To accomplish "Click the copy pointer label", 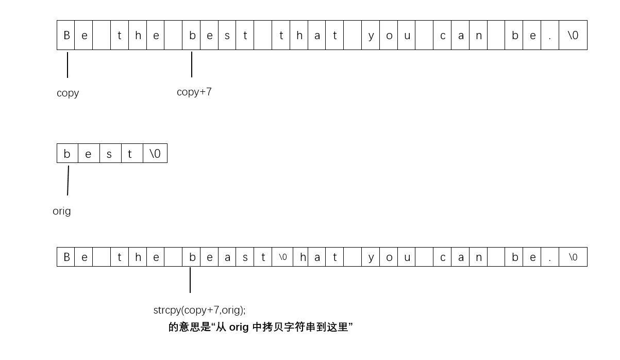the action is click(68, 93).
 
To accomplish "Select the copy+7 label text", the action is click(194, 92).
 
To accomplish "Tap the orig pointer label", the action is click(62, 211).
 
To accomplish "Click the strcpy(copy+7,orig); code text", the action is click(199, 310).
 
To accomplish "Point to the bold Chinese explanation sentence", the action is click(260, 327).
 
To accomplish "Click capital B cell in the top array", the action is click(66, 35).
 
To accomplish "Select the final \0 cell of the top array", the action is click(573, 35).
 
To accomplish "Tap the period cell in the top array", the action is click(550, 35).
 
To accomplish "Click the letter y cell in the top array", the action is click(371, 35).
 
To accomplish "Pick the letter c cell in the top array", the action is click(442, 35).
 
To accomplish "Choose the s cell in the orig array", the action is click(110, 154).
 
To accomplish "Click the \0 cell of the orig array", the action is click(155, 154).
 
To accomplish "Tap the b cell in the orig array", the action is click(67, 154).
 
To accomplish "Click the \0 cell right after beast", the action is click(282, 257).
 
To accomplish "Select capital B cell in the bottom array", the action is click(66, 257).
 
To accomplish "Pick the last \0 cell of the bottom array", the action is click(573, 257).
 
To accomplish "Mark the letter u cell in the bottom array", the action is click(407, 257).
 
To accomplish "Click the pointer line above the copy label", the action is click(68, 64).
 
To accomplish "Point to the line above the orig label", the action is click(68, 181).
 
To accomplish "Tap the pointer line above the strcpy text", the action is click(190, 280).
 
